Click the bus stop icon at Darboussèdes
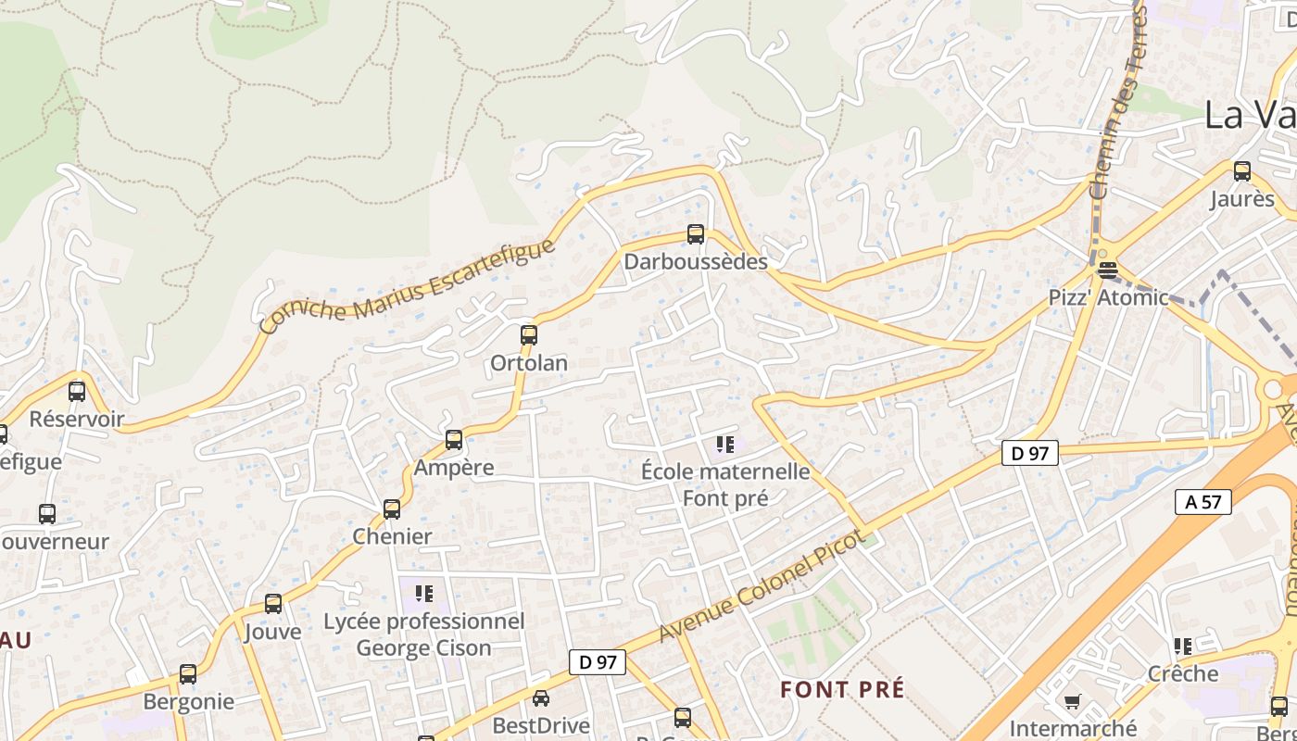(x=696, y=234)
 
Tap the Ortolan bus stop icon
(x=529, y=335)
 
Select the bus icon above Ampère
(x=454, y=440)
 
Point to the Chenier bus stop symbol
(x=392, y=509)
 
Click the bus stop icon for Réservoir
(x=77, y=391)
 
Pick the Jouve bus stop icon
(x=273, y=604)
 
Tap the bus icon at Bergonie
(x=188, y=674)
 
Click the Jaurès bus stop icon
(x=1242, y=171)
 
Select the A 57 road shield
(x=1203, y=502)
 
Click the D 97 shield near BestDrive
(x=598, y=662)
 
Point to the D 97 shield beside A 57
(x=1029, y=453)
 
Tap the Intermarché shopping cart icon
(x=1073, y=701)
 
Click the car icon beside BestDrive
(x=541, y=697)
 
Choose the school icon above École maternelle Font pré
(x=724, y=445)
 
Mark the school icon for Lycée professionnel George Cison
(x=424, y=593)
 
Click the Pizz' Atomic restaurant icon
(x=1107, y=270)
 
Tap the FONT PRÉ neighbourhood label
(x=842, y=689)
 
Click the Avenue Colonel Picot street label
(x=762, y=586)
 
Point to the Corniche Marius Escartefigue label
(x=408, y=286)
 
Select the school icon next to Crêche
(x=1183, y=646)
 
